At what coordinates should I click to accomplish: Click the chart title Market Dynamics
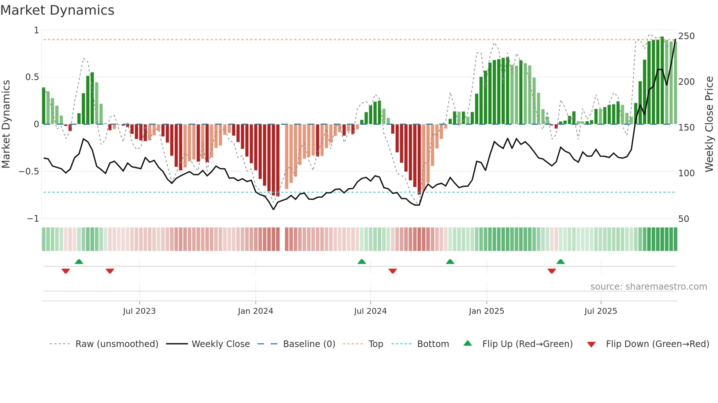(x=57, y=10)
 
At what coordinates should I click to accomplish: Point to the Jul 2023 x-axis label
(x=139, y=311)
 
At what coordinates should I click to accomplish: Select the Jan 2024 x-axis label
(x=255, y=311)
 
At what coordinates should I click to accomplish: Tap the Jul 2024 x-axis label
(x=370, y=311)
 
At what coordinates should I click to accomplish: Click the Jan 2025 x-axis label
(x=486, y=311)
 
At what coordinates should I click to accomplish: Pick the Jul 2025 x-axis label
(x=601, y=311)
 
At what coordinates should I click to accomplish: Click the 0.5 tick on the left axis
(x=32, y=77)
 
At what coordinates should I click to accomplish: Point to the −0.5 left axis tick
(x=29, y=172)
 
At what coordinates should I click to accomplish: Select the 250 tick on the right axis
(x=686, y=36)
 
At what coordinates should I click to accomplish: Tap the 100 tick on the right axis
(x=686, y=173)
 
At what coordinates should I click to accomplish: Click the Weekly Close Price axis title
(x=710, y=124)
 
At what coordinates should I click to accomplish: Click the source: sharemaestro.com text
(x=648, y=287)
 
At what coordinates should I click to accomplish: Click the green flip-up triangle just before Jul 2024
(x=362, y=261)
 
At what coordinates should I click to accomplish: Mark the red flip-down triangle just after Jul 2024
(x=393, y=271)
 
